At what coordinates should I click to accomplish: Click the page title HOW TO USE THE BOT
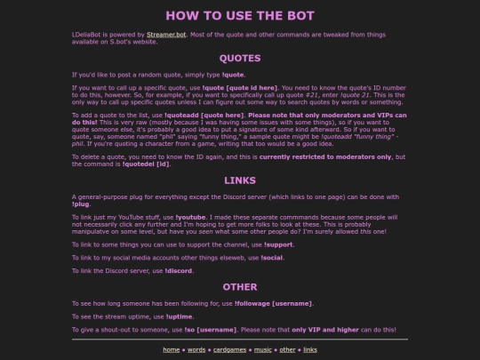pos(239,15)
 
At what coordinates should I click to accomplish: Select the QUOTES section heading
pos(239,59)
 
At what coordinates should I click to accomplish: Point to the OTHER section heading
pos(239,287)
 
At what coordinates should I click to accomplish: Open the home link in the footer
pos(171,349)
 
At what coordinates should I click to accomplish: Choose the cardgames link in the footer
pos(229,349)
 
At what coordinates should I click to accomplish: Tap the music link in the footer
pos(262,349)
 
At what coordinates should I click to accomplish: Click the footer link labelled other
pos(287,349)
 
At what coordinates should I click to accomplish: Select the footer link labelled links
pos(309,349)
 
